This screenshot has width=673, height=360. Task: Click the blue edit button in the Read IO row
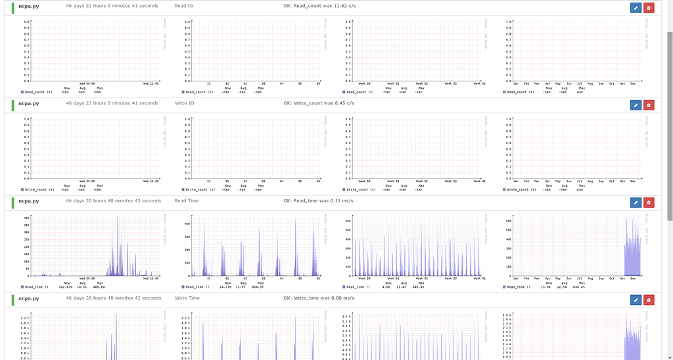point(636,7)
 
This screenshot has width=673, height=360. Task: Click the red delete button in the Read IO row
point(649,7)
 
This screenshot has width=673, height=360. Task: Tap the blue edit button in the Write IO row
point(636,104)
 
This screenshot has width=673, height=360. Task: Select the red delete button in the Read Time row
point(649,202)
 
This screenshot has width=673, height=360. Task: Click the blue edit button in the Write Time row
point(636,300)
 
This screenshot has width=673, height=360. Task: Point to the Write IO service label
point(185,103)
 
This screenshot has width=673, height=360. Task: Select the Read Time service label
point(187,201)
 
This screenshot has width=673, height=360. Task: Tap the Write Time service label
point(187,298)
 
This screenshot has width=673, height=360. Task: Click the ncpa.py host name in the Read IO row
point(29,5)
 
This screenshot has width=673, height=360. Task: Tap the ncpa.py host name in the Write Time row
point(29,298)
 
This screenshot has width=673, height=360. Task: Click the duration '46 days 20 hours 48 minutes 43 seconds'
point(113,201)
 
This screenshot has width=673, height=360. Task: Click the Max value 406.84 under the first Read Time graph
point(100,287)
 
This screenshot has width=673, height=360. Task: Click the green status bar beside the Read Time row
point(12,202)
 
